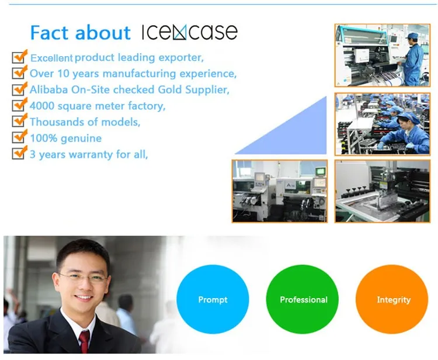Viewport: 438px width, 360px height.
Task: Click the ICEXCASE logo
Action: [x=190, y=32]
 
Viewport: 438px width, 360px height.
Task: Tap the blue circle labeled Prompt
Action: [x=213, y=299]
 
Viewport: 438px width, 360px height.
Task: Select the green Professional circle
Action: [x=303, y=299]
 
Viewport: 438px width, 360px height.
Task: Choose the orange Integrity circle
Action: [x=392, y=299]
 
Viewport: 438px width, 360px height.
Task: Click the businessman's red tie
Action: [x=84, y=341]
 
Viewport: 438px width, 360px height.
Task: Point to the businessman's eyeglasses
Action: [x=83, y=278]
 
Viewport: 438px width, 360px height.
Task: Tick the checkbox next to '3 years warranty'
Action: [x=19, y=153]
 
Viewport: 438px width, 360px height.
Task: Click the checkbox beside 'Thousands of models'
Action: [x=19, y=120]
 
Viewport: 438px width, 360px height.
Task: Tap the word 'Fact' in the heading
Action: [x=50, y=33]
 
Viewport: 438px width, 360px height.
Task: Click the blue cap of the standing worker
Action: [x=412, y=36]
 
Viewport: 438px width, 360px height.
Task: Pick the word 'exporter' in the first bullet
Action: [x=181, y=58]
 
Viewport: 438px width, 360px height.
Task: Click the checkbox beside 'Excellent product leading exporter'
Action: [x=19, y=56]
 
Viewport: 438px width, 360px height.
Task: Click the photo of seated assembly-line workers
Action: [x=383, y=124]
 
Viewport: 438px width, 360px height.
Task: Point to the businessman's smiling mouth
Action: [x=83, y=298]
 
